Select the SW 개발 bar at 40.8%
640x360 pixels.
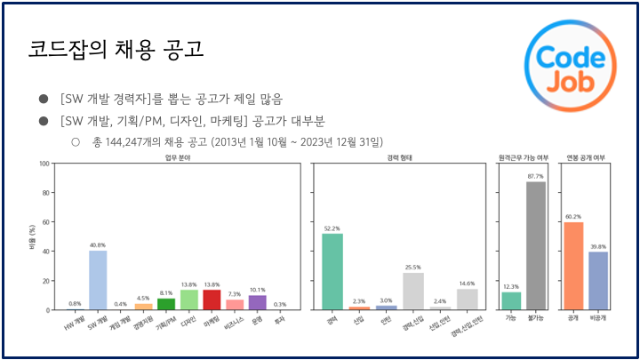(98, 280)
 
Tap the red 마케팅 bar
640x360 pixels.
(212, 300)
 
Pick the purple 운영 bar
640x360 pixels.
(258, 302)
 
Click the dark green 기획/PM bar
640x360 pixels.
(166, 304)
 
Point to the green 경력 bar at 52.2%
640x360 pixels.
(332, 271)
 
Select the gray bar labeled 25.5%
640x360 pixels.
(412, 291)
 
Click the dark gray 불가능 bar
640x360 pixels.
(535, 245)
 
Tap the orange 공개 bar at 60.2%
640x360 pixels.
(573, 266)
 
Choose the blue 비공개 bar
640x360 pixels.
(598, 280)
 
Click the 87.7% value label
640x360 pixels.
(535, 177)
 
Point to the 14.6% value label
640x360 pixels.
(467, 283)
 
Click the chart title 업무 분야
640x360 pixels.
(178, 157)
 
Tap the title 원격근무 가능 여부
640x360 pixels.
(523, 157)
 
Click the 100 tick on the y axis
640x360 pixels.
(43, 164)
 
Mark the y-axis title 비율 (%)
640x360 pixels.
(29, 236)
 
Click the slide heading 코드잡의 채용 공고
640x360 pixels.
(116, 50)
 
